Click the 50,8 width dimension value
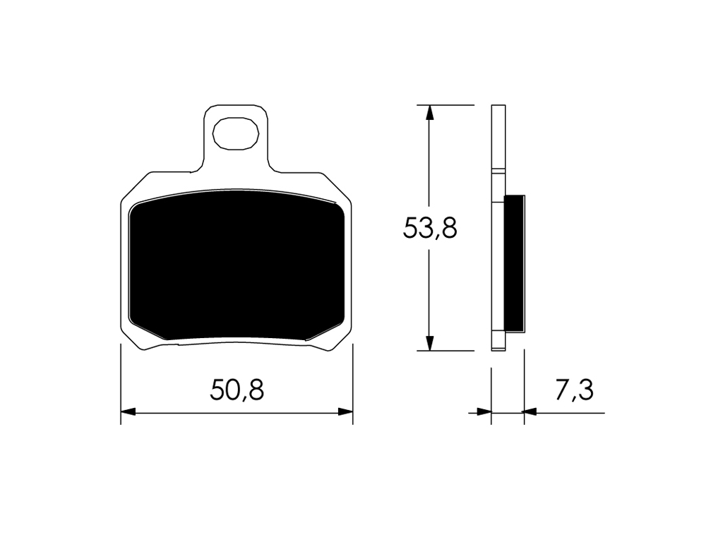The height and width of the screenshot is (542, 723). click(237, 390)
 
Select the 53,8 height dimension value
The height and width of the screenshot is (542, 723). click(430, 228)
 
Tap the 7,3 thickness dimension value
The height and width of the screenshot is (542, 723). click(573, 390)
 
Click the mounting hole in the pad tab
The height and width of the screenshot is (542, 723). click(235, 133)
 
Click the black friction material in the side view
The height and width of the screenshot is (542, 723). click(515, 263)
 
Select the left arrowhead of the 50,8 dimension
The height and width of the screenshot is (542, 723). click(128, 411)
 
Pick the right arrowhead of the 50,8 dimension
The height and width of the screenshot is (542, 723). click(345, 411)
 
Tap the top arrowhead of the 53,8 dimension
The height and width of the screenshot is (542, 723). click(429, 112)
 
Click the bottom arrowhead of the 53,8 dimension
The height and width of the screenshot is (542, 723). click(429, 343)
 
